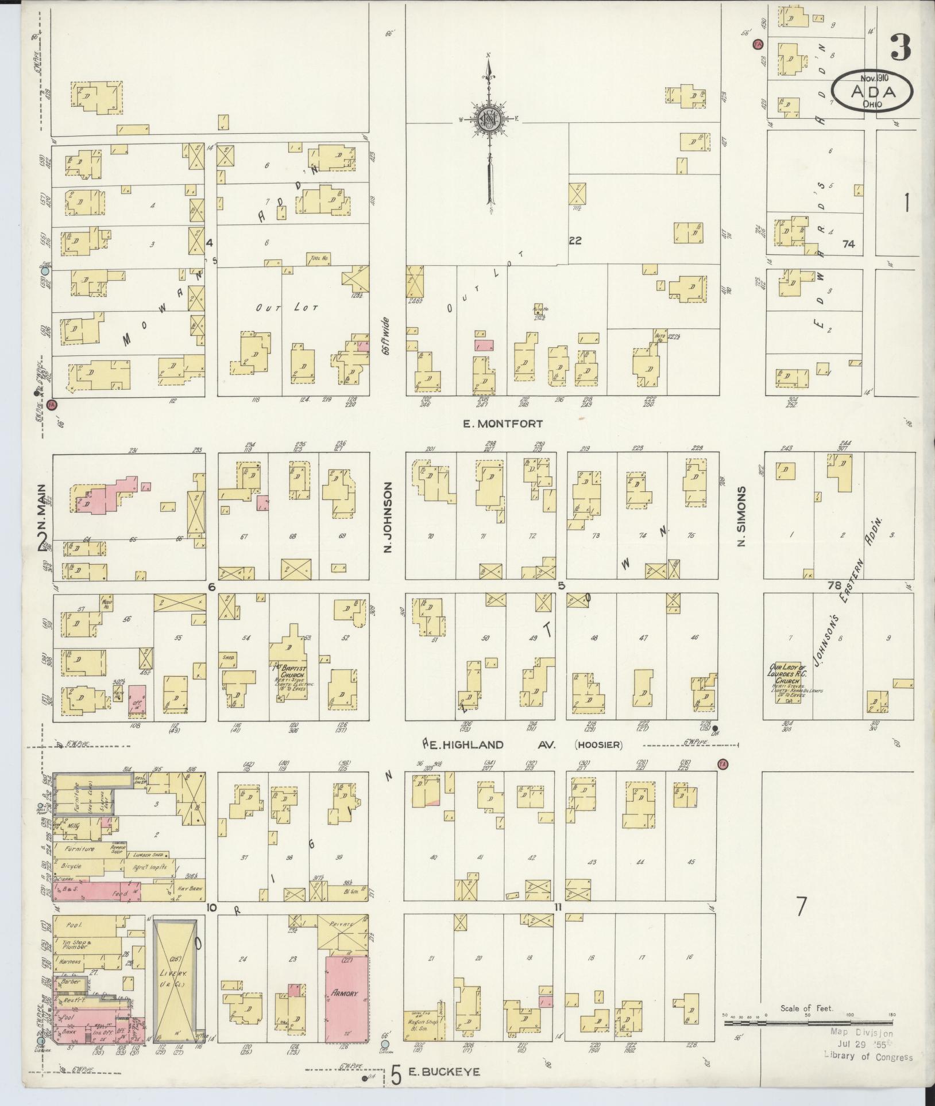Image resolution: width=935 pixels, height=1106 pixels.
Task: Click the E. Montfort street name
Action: click(x=502, y=424)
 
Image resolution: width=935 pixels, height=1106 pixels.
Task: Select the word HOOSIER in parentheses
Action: click(x=598, y=745)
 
